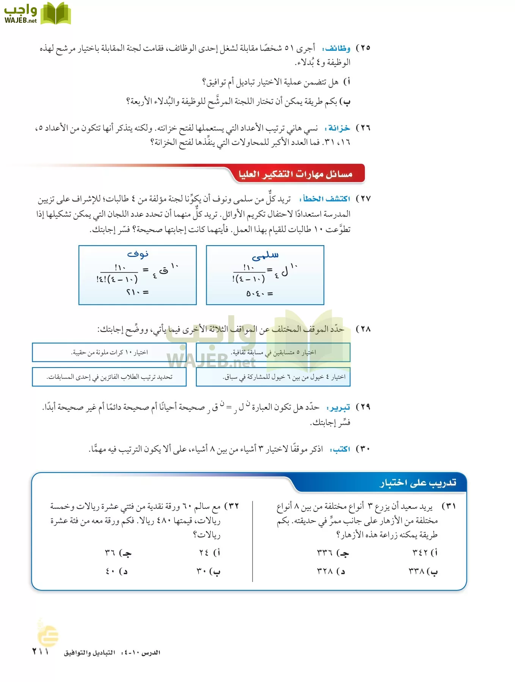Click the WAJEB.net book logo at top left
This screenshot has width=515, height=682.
point(37,14)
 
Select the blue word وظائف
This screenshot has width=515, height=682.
point(337,48)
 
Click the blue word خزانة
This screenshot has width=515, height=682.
point(339,128)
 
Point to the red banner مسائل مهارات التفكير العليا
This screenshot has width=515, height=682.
point(295,174)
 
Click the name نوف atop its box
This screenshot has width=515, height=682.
point(138,254)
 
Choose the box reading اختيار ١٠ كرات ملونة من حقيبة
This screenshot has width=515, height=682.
point(109,353)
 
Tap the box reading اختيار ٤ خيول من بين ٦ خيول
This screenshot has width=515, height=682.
point(273,377)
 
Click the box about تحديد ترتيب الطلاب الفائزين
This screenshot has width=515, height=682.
point(109,377)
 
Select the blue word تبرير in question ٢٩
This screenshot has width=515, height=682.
point(340,408)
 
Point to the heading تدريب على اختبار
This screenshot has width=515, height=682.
point(418,483)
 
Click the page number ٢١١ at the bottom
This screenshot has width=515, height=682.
point(41,652)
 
